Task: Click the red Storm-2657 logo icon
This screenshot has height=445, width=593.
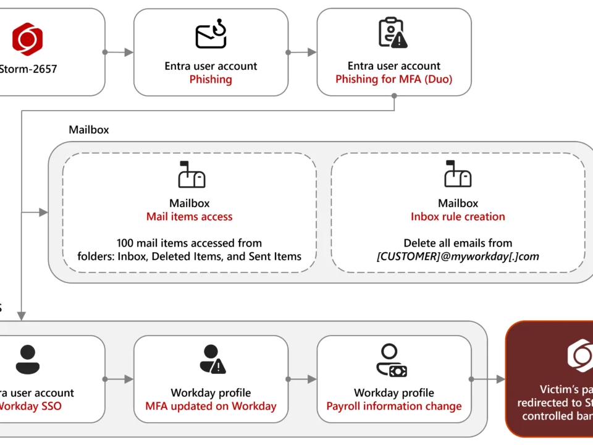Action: tap(28, 39)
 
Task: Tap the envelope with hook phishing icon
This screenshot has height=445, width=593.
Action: tap(211, 36)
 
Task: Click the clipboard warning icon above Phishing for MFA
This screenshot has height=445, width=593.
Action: tap(393, 33)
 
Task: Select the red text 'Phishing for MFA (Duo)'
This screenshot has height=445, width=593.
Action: tap(394, 79)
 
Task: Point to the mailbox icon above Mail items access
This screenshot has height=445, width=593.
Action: tap(190, 176)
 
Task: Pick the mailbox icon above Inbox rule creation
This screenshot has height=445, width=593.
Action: tap(458, 176)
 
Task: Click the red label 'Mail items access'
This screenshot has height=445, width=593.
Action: tap(190, 216)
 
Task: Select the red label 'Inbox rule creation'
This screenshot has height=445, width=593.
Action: tap(458, 216)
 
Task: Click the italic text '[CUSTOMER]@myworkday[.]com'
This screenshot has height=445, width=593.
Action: tap(458, 256)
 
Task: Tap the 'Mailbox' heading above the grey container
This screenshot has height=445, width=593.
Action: tap(89, 130)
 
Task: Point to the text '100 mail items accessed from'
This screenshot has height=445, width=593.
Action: tap(190, 243)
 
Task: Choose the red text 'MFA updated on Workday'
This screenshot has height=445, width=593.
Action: tap(211, 406)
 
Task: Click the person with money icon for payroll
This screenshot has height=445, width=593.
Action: tap(392, 361)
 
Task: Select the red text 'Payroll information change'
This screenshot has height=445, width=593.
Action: tap(394, 406)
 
